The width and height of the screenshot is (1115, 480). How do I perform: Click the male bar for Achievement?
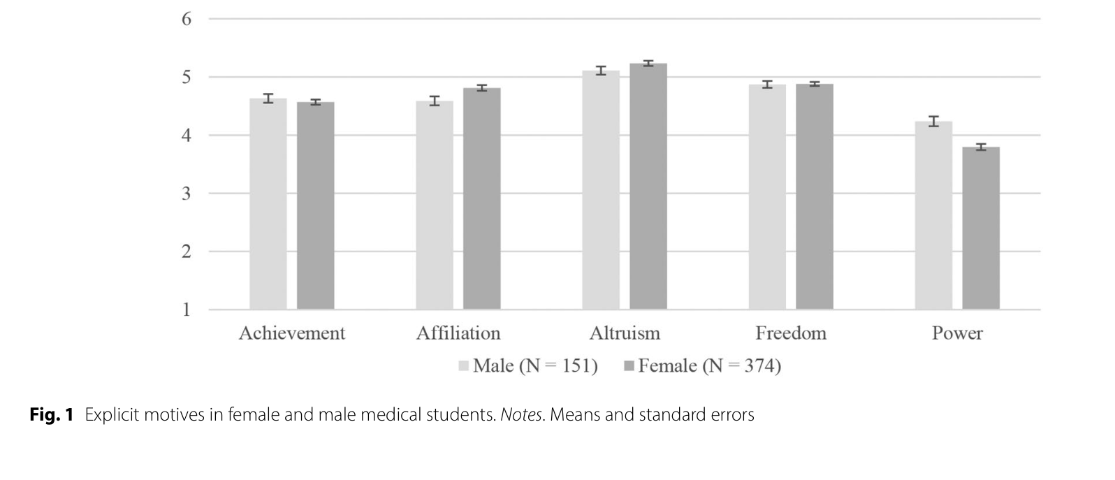click(x=268, y=203)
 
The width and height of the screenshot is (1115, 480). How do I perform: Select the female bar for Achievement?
click(x=316, y=205)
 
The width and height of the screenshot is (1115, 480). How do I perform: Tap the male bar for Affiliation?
click(x=435, y=205)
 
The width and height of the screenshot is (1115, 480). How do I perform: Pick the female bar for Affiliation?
click(x=482, y=198)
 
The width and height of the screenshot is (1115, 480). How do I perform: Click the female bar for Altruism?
click(x=648, y=187)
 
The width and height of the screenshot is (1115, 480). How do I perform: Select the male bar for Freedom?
click(x=767, y=196)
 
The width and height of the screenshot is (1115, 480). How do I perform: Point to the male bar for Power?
click(x=933, y=215)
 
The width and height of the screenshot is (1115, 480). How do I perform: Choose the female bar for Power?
click(x=981, y=228)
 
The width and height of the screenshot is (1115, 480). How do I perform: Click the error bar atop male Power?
click(x=933, y=121)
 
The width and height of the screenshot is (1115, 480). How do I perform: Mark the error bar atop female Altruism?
click(x=648, y=64)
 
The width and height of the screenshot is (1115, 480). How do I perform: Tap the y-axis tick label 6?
click(x=186, y=19)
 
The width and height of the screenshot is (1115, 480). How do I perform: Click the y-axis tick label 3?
click(x=186, y=194)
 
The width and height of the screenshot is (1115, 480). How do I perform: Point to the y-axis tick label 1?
click(x=187, y=310)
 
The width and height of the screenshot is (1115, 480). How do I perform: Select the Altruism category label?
click(x=625, y=333)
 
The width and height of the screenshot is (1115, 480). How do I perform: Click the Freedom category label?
click(x=791, y=333)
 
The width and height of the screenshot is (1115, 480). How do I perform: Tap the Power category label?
click(x=957, y=333)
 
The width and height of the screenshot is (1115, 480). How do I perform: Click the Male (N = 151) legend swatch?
click(x=463, y=367)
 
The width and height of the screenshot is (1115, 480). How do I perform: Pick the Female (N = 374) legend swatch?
click(x=629, y=367)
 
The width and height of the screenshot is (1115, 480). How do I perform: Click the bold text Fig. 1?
click(x=52, y=415)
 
